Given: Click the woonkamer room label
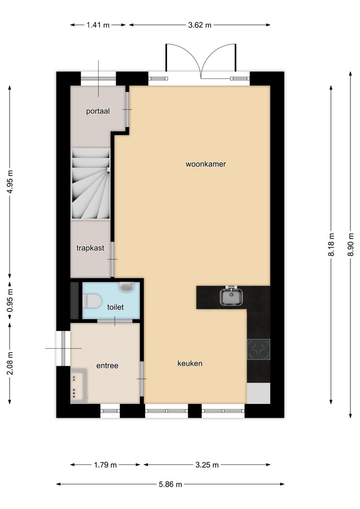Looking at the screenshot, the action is (x=206, y=164).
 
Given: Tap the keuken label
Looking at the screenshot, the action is (x=190, y=363).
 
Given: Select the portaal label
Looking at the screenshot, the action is (x=98, y=111).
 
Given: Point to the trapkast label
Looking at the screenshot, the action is (x=90, y=248).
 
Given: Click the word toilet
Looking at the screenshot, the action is (x=115, y=307).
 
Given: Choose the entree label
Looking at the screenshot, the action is (x=107, y=365).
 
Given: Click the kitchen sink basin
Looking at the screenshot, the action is (x=231, y=296).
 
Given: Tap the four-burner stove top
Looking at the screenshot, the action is (x=258, y=349).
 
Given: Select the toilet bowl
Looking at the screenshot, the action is (x=92, y=301).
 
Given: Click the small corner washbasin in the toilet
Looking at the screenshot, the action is (x=127, y=287).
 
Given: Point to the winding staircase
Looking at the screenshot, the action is (x=91, y=183).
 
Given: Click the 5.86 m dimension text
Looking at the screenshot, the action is (x=170, y=484).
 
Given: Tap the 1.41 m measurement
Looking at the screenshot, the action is (x=98, y=25).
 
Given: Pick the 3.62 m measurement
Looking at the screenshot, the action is (x=200, y=25).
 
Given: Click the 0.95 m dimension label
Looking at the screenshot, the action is (x=10, y=300).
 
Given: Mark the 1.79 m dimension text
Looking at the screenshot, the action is (x=106, y=465).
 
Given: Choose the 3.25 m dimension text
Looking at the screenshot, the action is (x=207, y=465).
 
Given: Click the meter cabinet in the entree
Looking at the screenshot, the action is (x=79, y=385).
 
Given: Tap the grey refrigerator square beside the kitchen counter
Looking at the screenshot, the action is (x=258, y=393).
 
